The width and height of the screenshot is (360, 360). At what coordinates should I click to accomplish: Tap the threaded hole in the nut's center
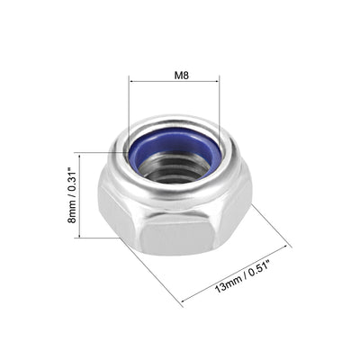(x=176, y=167)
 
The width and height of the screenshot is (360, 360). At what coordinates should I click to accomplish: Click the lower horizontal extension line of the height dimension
(x=99, y=238)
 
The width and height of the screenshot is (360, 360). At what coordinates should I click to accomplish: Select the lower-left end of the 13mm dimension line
(x=182, y=304)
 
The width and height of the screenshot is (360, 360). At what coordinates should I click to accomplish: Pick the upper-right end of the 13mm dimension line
(x=290, y=244)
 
